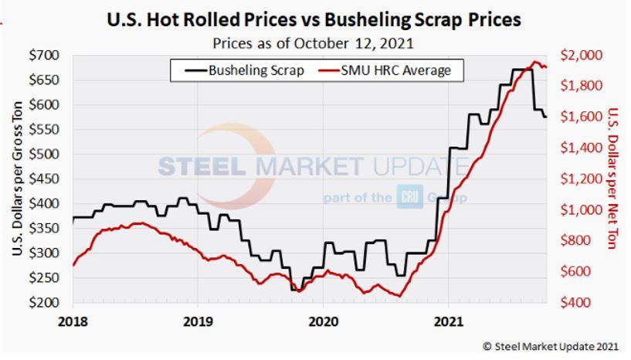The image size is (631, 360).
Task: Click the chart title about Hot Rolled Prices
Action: point(315,19)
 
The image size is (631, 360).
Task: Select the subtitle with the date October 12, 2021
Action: point(315,42)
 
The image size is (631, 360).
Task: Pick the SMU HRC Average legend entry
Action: point(392,70)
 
